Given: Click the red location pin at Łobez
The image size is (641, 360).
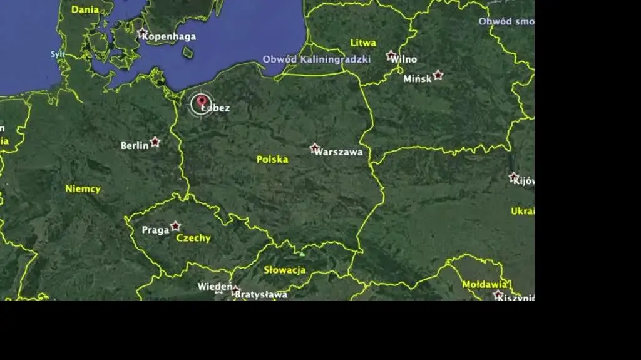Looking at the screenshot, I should click(x=202, y=101).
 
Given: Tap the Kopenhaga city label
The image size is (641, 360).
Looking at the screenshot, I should click(x=169, y=36).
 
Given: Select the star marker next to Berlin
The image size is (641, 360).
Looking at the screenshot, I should click(x=155, y=142).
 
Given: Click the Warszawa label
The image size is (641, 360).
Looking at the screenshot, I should click(x=339, y=152).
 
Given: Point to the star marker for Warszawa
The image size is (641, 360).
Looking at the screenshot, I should click(x=315, y=148).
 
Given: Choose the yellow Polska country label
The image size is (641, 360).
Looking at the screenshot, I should click(x=272, y=159).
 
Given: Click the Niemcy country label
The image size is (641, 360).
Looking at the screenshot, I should click(x=83, y=188).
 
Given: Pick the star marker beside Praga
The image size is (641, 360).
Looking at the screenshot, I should click(x=176, y=225).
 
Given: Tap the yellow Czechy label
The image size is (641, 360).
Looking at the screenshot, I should click(x=193, y=238).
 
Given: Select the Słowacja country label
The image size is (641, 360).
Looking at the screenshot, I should click(x=285, y=270).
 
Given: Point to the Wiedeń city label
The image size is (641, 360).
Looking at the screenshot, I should click(x=215, y=286).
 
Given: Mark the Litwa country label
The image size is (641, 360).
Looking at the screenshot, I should click(x=363, y=43).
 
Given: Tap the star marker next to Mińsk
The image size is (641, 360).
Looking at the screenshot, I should click(x=438, y=75).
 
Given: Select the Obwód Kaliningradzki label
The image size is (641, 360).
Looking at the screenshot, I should click(x=316, y=59).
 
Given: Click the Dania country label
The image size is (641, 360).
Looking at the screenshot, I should click(x=85, y=9).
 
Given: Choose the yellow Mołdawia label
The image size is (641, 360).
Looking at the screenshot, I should click(x=484, y=284).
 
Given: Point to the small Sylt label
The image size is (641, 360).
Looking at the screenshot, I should click(x=58, y=54).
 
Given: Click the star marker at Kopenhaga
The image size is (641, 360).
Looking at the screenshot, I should click(x=143, y=32).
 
